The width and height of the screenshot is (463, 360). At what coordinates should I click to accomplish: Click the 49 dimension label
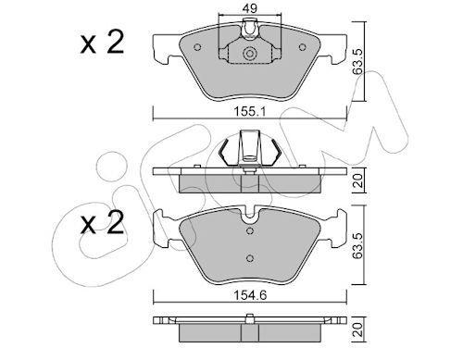[249, 8]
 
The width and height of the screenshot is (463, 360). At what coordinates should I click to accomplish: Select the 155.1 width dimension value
[249, 111]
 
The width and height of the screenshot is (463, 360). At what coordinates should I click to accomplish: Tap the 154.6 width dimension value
[250, 295]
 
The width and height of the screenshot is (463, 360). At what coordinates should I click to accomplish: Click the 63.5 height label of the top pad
[357, 61]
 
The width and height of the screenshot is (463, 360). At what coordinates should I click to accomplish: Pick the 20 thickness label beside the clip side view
[357, 180]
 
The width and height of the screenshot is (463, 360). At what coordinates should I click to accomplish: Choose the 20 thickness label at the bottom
[357, 329]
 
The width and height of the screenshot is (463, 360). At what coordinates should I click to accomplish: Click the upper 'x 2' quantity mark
[102, 43]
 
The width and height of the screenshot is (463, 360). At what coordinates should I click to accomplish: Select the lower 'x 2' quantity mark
[102, 222]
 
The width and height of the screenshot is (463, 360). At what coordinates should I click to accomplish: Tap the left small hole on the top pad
[197, 47]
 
